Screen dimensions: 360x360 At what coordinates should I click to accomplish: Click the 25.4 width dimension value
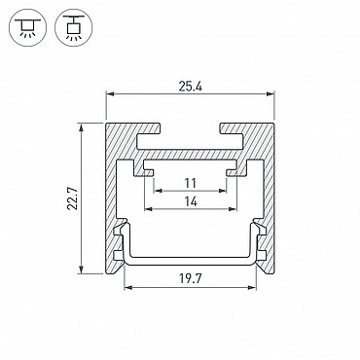pos(190,87)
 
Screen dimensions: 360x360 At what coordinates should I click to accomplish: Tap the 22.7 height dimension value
pos(73,198)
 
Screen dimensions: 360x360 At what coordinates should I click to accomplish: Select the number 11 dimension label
pos(191,183)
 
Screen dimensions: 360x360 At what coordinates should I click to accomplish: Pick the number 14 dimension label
pos(191,201)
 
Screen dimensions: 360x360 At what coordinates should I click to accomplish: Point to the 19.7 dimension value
pos(191,278)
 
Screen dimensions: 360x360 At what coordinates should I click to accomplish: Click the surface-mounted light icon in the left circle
pos(28,27)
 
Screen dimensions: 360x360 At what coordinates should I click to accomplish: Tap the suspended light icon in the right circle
pos(74,27)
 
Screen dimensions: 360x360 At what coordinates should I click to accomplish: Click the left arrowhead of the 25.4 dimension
pos(111,94)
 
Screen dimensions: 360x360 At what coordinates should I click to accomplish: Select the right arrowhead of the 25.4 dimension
pos(270,94)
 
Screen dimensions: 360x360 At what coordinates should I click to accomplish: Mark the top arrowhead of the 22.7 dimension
pos(81,127)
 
